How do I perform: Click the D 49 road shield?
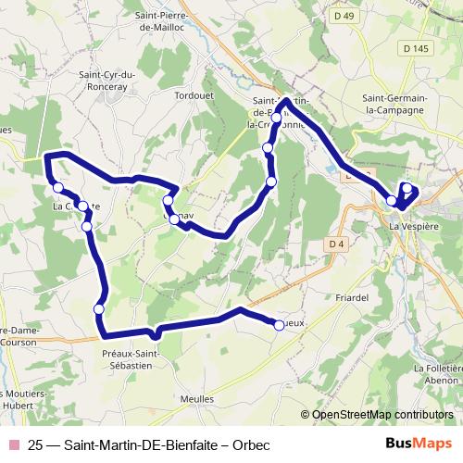[x=344, y=16]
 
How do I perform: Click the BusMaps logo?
[x=419, y=444]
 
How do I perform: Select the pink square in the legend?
[x=14, y=444]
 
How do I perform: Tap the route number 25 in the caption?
[x=37, y=444]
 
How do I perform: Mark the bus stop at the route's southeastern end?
[x=280, y=324]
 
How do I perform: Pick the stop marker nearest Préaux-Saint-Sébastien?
[x=99, y=308]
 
